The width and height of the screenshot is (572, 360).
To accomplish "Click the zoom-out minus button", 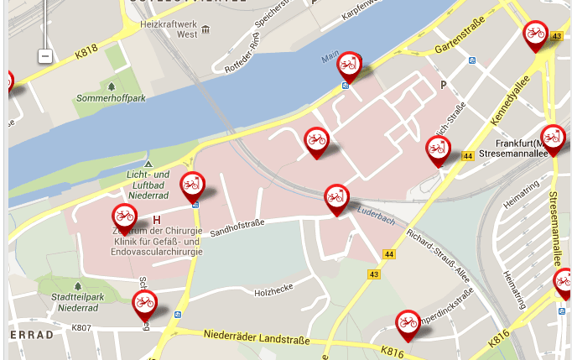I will pyautogui.click(x=45, y=56).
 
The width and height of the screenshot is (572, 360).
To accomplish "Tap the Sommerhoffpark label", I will pyautogui.click(x=111, y=98).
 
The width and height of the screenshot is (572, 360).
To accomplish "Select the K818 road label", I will pyautogui.click(x=86, y=52).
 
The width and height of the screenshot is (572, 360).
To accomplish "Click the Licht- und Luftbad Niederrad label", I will pyautogui.click(x=148, y=177).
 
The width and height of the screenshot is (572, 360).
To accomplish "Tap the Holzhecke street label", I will pyautogui.click(x=273, y=292).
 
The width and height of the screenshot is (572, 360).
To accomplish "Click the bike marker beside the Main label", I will pyautogui.click(x=349, y=65).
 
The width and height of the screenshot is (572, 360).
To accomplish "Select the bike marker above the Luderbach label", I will pyautogui.click(x=336, y=198).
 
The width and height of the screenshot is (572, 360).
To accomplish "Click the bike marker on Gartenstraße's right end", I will pyautogui.click(x=534, y=34).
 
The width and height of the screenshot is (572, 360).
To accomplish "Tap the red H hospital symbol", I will pyautogui.click(x=156, y=220).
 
